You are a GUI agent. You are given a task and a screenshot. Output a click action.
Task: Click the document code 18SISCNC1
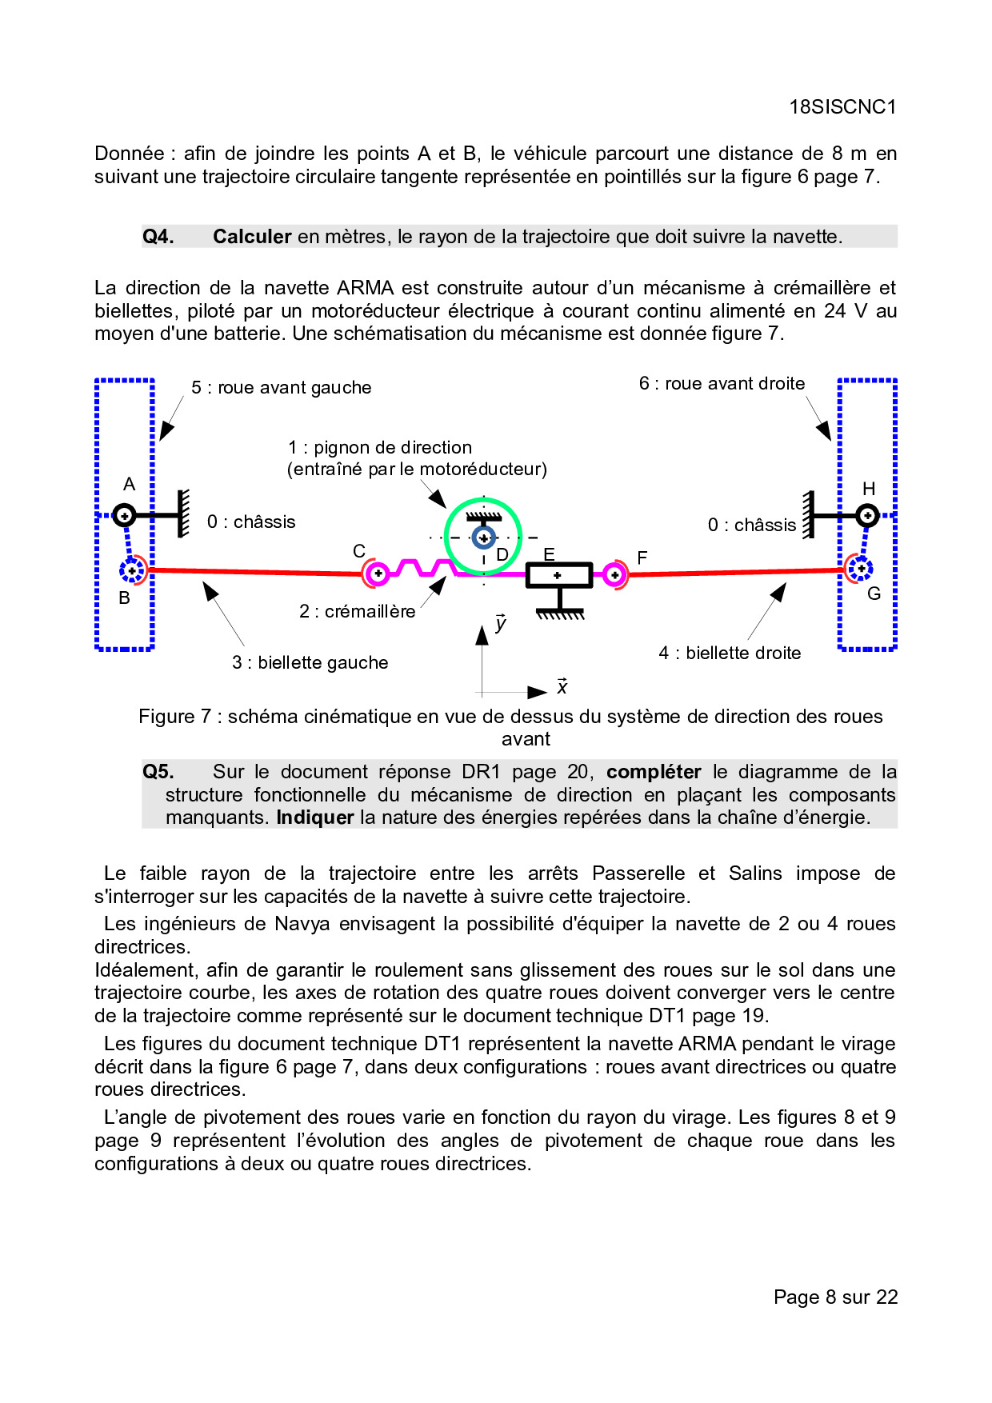point(842,107)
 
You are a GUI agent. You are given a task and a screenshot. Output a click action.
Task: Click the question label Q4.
point(158,237)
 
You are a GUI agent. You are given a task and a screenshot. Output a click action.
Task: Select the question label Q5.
point(158,772)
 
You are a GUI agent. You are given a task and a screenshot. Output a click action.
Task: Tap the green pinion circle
point(483,537)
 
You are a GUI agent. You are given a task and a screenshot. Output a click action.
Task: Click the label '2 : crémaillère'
point(357,612)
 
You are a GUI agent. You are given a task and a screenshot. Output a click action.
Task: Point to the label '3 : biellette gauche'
point(310,663)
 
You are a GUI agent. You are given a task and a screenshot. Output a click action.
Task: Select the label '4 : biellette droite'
point(730,654)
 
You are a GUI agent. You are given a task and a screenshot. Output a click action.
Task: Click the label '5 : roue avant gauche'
point(281,388)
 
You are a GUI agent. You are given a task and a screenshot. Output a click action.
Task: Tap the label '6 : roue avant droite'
point(722,384)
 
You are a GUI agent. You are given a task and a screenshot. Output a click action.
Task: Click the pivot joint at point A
point(124,515)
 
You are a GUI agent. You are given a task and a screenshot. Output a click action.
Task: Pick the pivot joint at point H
point(867,516)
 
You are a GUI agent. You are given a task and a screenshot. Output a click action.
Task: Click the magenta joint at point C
point(377,574)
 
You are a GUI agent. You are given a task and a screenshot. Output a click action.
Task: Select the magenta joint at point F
point(614,574)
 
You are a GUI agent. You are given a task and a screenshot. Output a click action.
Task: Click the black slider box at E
point(558,575)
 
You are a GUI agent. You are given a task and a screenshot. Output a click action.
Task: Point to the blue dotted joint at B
point(132,570)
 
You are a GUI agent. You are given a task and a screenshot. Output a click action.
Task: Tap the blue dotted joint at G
point(860,569)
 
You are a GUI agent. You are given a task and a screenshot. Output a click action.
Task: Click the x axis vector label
point(562,687)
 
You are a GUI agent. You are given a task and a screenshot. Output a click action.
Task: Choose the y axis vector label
point(500,623)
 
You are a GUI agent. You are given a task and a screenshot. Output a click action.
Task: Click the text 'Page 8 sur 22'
point(835,1297)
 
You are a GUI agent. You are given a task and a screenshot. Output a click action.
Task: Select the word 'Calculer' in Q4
point(251,237)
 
